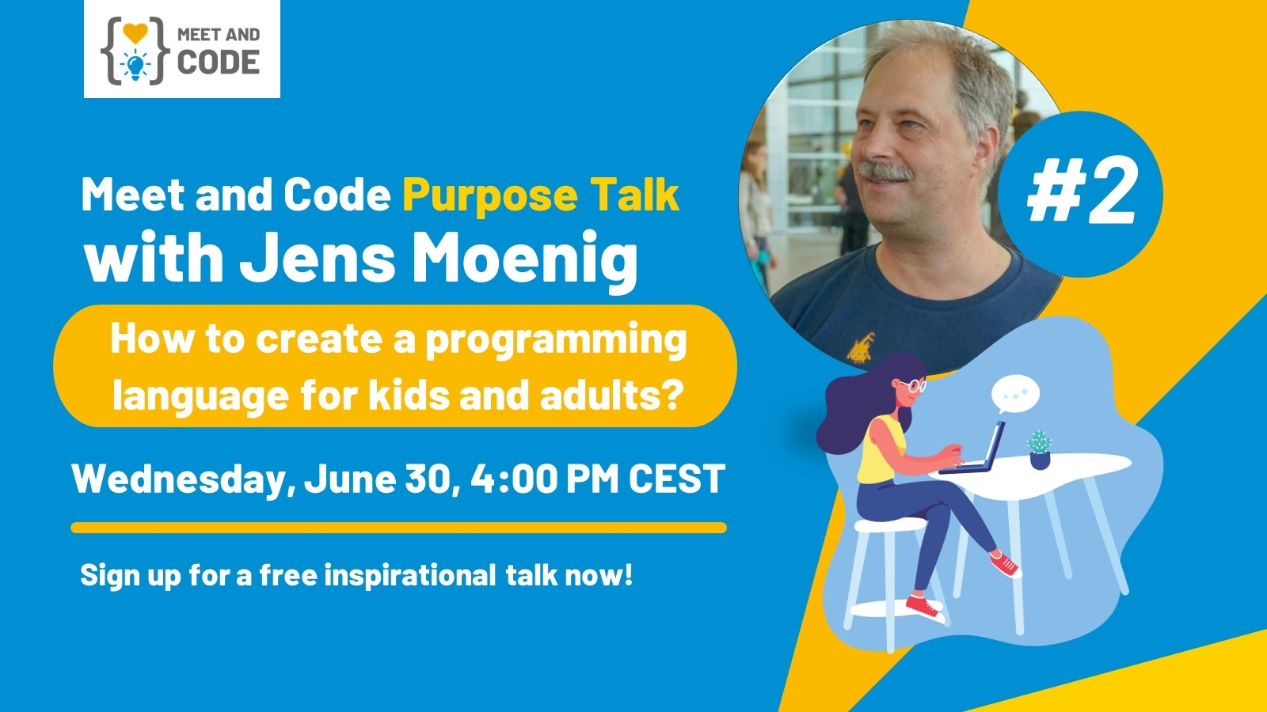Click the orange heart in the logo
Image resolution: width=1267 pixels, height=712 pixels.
135,32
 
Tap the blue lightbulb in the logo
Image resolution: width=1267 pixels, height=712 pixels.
135,65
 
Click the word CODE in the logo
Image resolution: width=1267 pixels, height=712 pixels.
219,62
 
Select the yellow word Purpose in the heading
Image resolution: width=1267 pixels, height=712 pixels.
490,195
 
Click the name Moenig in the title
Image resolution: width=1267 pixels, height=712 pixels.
525,258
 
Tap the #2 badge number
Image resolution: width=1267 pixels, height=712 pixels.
1081,193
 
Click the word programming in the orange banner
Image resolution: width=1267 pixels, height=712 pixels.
556,340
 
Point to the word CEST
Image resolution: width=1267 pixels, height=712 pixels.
676,479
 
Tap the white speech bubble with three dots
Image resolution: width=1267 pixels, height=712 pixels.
1015,393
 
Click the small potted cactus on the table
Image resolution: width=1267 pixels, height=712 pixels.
1040,449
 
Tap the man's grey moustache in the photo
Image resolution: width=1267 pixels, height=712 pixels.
885,171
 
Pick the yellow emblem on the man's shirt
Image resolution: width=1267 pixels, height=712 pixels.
860,347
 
